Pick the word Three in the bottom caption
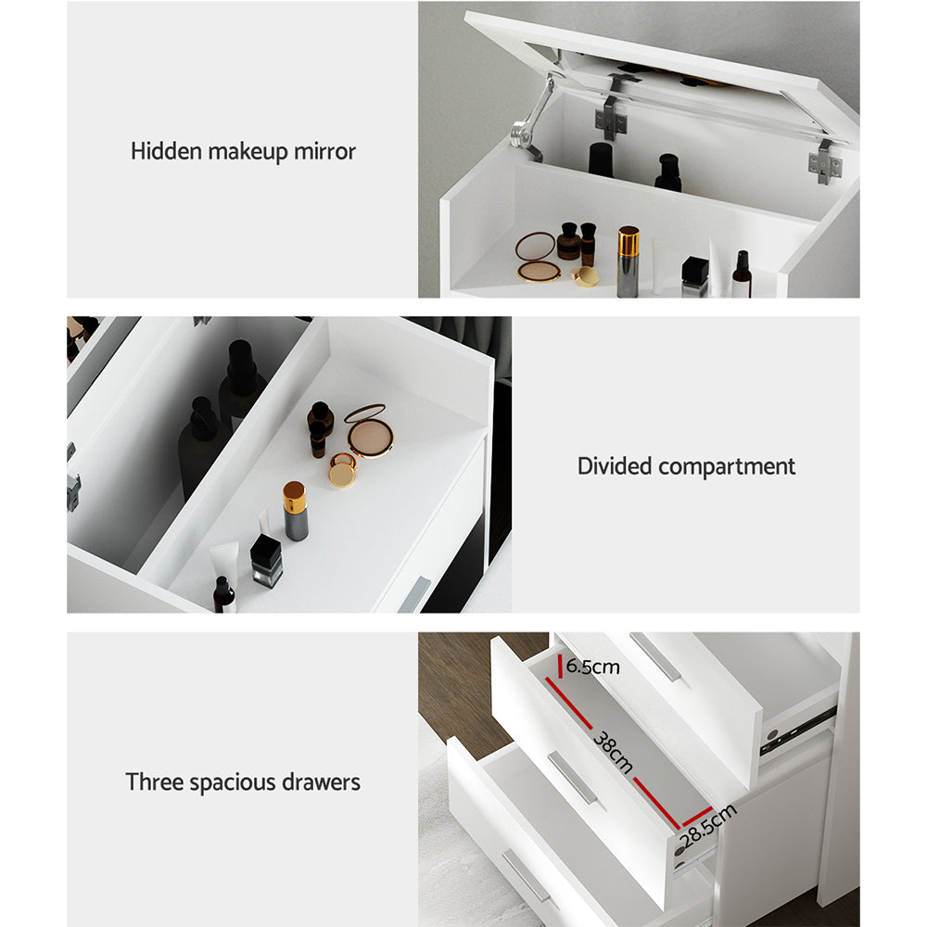point(154,781)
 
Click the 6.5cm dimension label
point(592,667)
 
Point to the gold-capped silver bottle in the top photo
point(628,260)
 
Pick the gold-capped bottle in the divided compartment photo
point(295,511)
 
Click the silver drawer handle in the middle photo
point(413,594)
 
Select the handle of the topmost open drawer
point(654,655)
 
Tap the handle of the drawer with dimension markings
point(572,777)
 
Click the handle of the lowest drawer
point(526,875)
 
